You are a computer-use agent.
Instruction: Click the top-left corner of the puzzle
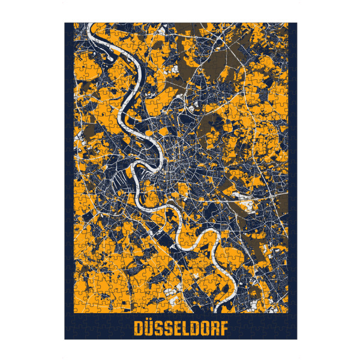[x=65, y=23]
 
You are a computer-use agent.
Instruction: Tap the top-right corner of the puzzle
[x=296, y=23]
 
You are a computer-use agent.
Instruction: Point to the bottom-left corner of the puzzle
[x=65, y=339]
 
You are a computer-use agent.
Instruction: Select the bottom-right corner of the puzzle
[x=296, y=339]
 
